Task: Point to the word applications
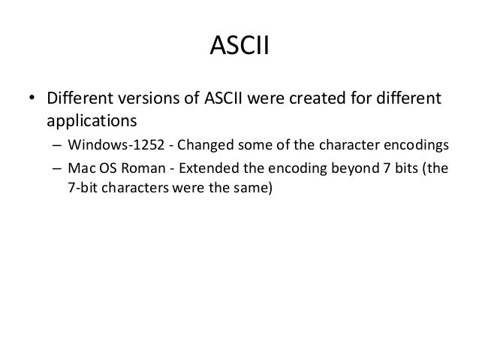coord(89,119)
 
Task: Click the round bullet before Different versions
coord(33,99)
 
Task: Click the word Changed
coord(194,145)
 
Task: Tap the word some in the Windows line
coord(241,145)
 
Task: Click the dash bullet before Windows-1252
coord(56,145)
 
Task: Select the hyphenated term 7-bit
coord(82,187)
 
